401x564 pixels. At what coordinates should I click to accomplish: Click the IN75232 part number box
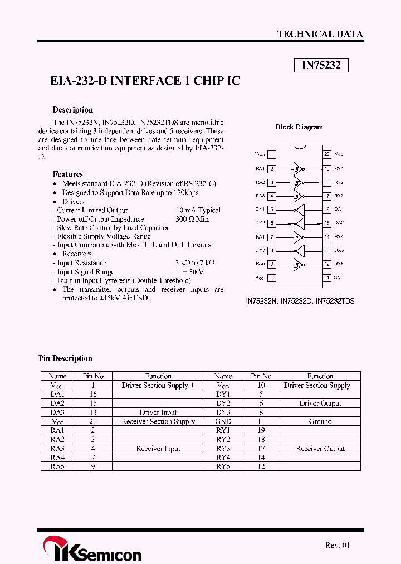pos(321,65)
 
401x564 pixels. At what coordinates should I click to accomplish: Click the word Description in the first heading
pos(72,110)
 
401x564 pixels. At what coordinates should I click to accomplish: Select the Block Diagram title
pos(299,127)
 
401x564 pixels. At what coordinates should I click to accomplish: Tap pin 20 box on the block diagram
pos(327,154)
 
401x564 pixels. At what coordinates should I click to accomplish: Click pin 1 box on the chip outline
pos(271,154)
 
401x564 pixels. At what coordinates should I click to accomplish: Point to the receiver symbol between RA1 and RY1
pos(299,168)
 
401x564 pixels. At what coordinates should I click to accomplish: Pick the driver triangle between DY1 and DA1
pos(300,210)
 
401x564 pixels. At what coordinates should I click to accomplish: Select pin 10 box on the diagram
pos(271,278)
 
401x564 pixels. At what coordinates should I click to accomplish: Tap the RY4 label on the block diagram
pos(340,237)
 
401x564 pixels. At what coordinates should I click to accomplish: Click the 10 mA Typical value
pos(198,210)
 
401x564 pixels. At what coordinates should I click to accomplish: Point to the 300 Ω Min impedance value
pos(192,219)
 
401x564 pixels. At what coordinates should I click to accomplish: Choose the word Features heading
pos(67,174)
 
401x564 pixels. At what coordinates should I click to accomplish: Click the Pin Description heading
pos(65,358)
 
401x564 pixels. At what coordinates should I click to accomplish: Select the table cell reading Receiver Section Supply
pos(158,421)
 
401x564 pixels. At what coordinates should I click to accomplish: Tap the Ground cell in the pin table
pos(320,421)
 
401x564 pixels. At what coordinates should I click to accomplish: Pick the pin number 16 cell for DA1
pos(93,394)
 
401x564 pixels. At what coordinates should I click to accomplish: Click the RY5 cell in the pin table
pos(223,466)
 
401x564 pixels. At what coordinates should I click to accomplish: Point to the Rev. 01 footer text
pos(338,545)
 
